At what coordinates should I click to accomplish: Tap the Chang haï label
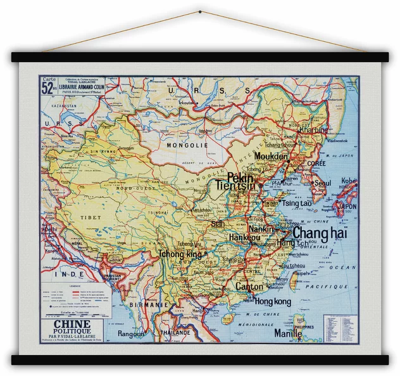pos(320,233)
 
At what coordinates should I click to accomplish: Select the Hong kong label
pos(273,302)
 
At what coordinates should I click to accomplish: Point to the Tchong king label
pos(180,254)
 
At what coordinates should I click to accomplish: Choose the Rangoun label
pos(131,333)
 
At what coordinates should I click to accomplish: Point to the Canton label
pos(249,287)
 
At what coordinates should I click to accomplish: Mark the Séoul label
pos(322,183)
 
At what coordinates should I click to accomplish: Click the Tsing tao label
pos(297,204)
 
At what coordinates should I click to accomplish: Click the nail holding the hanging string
pos(200,12)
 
